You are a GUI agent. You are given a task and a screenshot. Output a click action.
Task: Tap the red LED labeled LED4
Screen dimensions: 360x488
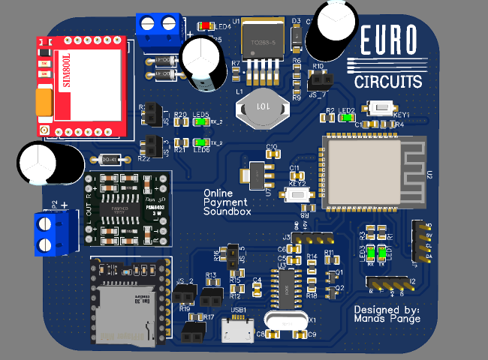click(206, 25)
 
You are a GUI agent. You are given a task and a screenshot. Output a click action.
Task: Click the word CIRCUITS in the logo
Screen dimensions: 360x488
click(388, 81)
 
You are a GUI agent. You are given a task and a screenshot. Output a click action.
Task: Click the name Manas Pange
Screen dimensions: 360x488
click(387, 319)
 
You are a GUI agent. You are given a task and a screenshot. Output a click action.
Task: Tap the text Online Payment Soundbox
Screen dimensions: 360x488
click(227, 202)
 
